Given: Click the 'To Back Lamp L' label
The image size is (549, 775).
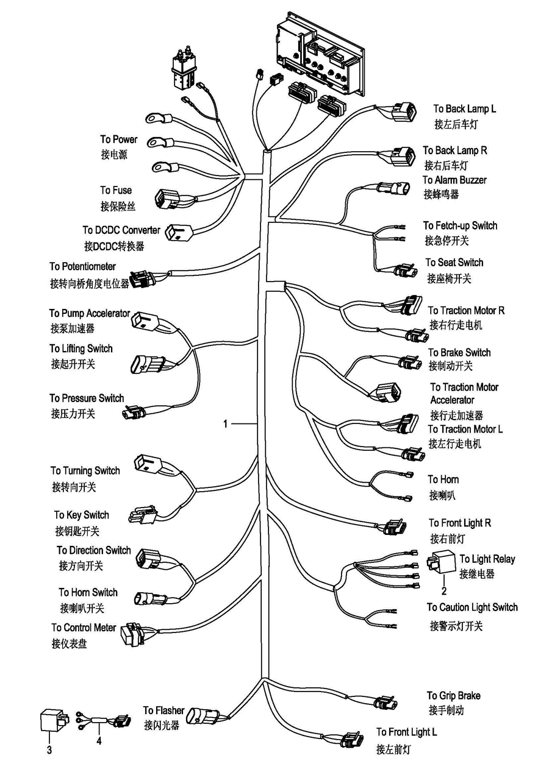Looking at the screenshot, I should [x=464, y=109].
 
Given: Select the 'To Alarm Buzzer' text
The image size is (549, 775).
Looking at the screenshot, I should [x=454, y=180].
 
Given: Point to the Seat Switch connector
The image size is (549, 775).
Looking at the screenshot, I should [x=404, y=271].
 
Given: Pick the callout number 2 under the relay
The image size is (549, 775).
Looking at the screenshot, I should [x=444, y=590].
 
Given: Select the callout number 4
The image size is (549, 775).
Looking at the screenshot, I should [x=98, y=742].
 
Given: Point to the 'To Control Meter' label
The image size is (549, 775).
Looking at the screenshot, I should [x=84, y=628].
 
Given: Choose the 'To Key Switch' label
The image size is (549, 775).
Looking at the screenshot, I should [x=82, y=515].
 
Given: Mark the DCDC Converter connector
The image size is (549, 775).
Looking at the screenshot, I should [x=179, y=232].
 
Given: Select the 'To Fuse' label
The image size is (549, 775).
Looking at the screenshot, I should [x=116, y=191].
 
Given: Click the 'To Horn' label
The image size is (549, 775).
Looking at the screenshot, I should [x=443, y=480].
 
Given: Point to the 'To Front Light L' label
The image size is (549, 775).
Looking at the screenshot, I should [x=406, y=732].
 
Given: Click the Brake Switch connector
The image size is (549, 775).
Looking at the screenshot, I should [x=409, y=363].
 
